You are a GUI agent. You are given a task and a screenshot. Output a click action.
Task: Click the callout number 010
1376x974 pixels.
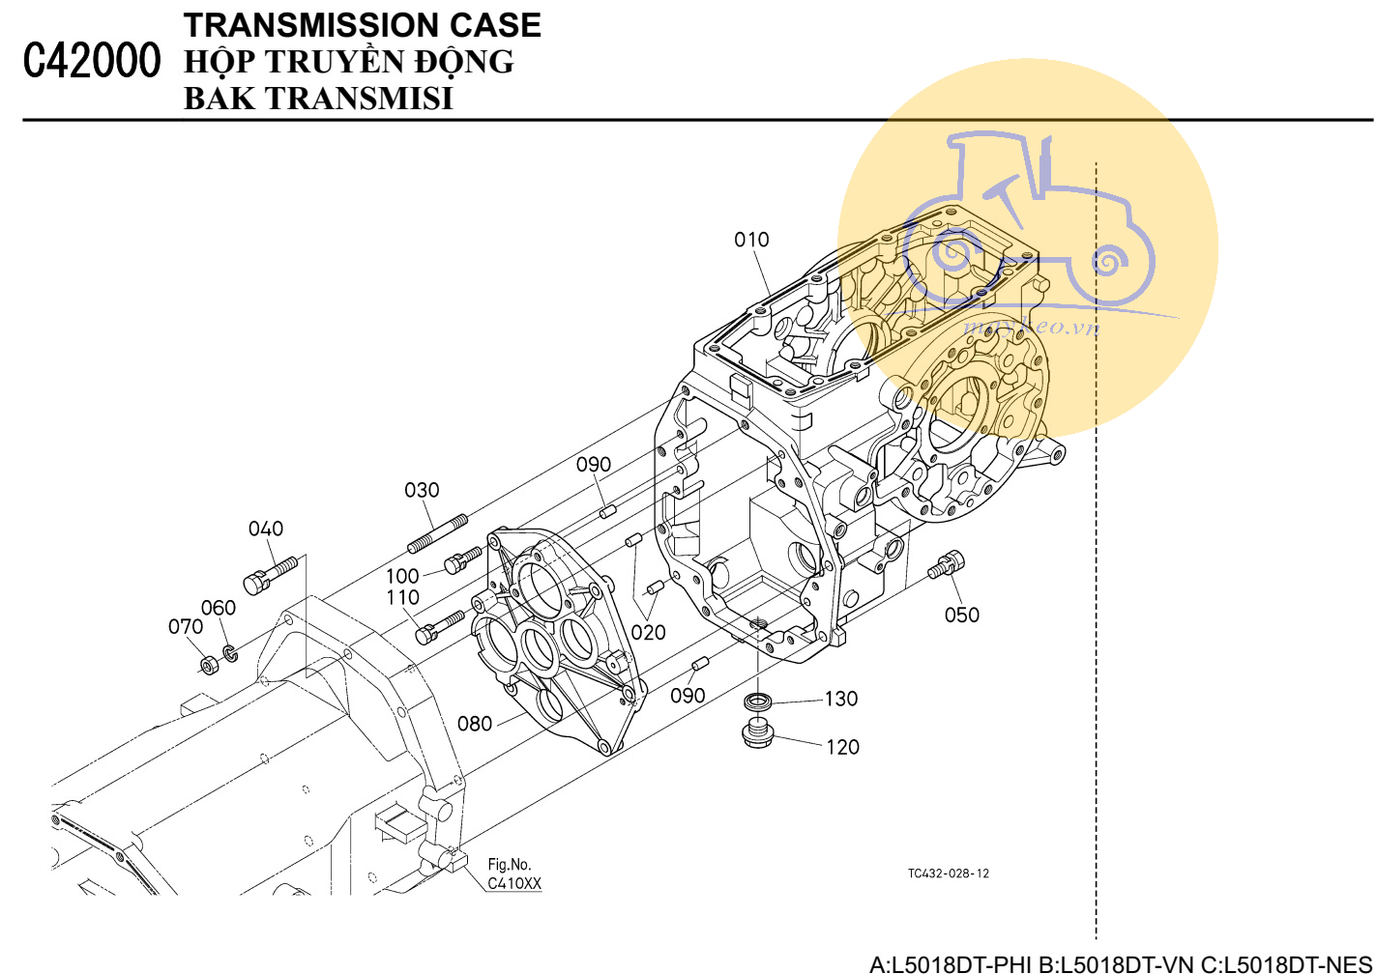(x=751, y=240)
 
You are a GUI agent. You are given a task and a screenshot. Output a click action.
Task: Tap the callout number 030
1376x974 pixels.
(x=422, y=490)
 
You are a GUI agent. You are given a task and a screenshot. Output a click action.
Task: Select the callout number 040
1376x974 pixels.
(x=266, y=529)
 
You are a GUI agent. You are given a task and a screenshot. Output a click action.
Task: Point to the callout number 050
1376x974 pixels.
(x=962, y=615)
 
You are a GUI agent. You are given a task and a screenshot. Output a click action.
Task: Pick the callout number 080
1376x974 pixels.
(x=475, y=723)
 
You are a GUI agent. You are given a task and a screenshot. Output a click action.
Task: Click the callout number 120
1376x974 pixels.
(x=842, y=747)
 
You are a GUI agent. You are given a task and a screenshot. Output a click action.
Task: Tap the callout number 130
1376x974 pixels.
(x=841, y=699)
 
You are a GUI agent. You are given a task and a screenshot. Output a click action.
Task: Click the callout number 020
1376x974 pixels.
(x=648, y=632)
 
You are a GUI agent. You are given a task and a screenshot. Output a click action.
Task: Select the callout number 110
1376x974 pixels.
(x=402, y=598)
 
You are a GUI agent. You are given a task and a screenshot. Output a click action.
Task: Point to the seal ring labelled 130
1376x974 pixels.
(x=757, y=700)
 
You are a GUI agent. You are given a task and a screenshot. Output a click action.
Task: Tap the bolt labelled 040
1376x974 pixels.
(x=268, y=575)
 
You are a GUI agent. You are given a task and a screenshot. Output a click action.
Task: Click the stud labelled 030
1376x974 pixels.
(x=438, y=533)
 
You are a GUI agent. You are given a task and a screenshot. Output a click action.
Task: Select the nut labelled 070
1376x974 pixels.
(x=208, y=665)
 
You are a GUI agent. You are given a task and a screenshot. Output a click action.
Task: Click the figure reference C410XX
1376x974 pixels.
(x=514, y=883)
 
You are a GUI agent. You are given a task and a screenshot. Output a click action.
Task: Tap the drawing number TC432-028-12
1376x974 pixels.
(x=948, y=874)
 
